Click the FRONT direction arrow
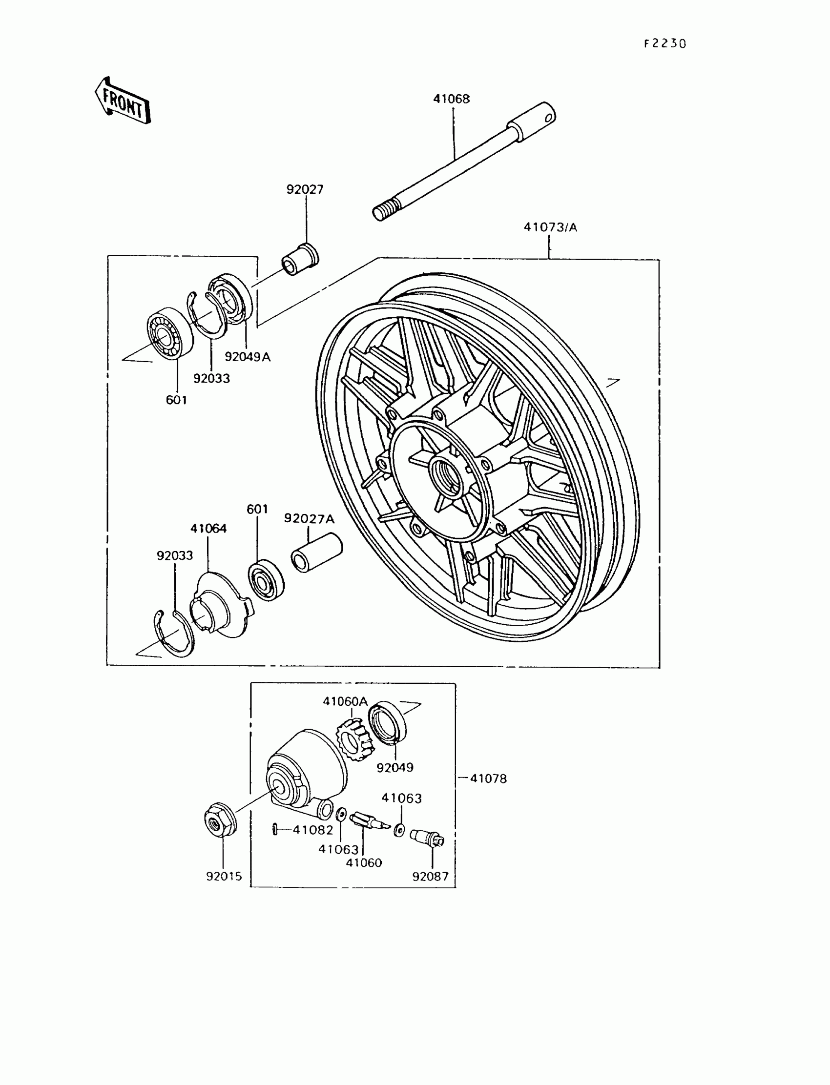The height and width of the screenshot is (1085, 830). [123, 100]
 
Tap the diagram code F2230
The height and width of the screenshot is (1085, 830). [665, 44]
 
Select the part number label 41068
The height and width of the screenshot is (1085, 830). [451, 99]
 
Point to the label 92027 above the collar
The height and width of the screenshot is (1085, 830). [305, 189]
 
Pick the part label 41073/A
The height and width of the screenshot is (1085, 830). [550, 227]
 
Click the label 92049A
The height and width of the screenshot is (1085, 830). [248, 357]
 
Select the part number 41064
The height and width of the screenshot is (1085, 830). [208, 529]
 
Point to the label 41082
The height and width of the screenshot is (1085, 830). [313, 830]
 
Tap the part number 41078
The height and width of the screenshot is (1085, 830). [488, 779]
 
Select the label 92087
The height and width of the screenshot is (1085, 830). [430, 877]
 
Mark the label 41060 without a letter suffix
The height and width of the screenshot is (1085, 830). [364, 863]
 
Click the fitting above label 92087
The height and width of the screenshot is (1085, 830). [428, 838]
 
